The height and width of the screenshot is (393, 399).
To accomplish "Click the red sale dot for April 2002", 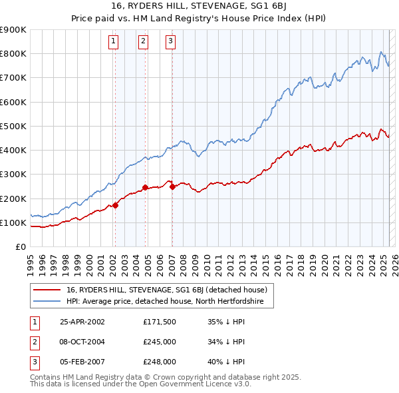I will pyautogui.click(x=115, y=205).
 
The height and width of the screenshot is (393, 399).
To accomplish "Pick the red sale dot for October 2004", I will pyautogui.click(x=145, y=187).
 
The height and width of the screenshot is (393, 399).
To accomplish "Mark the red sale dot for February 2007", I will pyautogui.click(x=172, y=187).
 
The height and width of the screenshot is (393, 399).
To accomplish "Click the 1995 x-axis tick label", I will pyautogui.click(x=31, y=259).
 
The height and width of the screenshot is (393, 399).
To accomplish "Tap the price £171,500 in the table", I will pyautogui.click(x=158, y=322).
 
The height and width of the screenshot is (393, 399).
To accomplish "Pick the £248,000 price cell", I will pyautogui.click(x=158, y=362).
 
